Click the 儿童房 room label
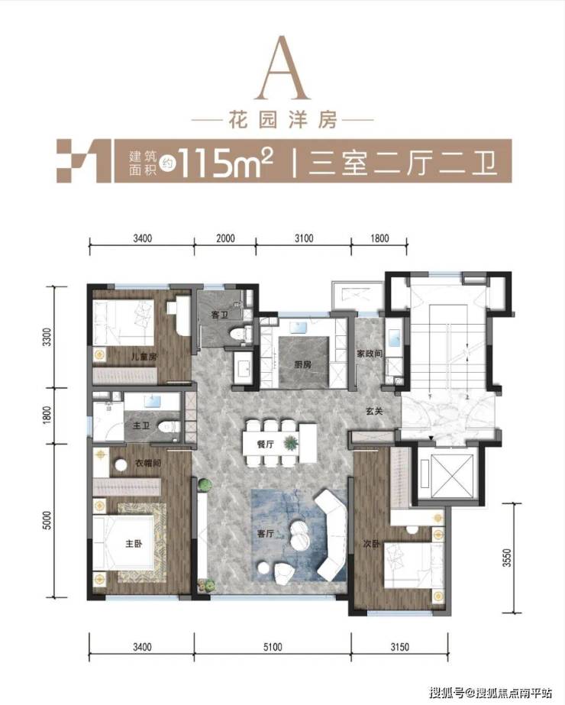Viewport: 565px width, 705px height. click(x=144, y=357)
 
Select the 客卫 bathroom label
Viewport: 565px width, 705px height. click(x=220, y=315)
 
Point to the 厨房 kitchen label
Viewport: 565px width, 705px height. click(x=303, y=364)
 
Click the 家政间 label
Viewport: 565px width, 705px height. click(x=370, y=354)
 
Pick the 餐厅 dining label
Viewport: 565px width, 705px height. click(x=266, y=445)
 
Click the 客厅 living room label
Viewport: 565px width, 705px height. click(x=266, y=534)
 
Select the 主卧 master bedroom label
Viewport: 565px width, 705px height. click(x=134, y=544)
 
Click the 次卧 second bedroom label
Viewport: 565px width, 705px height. click(x=372, y=544)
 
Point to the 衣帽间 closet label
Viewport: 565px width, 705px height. click(x=148, y=463)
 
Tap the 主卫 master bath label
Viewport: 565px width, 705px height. click(x=141, y=425)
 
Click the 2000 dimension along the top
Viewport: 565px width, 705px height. click(x=224, y=238)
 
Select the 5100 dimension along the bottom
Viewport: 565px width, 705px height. click(x=273, y=647)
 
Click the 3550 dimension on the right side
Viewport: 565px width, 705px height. click(x=507, y=557)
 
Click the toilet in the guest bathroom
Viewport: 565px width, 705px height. click(x=239, y=335)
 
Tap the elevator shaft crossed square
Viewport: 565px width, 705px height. click(x=447, y=476)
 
